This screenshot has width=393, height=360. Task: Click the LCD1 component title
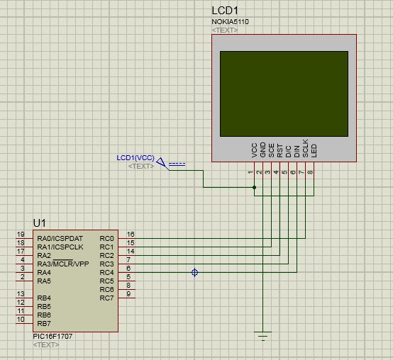[x=225, y=11]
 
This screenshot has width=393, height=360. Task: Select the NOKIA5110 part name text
[x=230, y=22]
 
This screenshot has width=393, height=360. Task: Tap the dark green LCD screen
[x=284, y=94]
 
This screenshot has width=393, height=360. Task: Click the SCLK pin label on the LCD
[x=305, y=148]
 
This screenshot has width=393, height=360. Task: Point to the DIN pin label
[x=297, y=152]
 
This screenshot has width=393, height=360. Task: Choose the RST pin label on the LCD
[x=279, y=151]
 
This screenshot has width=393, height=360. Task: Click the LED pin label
[x=314, y=151]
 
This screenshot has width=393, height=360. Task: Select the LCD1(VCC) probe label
[x=135, y=158]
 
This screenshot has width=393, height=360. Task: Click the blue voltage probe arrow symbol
[x=162, y=164]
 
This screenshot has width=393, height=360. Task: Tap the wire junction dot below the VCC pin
[x=255, y=187]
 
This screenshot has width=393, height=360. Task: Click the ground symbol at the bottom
[x=263, y=336]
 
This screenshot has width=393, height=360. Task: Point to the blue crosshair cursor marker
[x=195, y=272]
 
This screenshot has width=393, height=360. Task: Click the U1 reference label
[x=39, y=223]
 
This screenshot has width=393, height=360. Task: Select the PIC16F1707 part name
[x=52, y=336]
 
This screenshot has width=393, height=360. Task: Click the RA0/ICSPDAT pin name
[x=60, y=239]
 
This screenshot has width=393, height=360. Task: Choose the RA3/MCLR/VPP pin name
[x=63, y=264]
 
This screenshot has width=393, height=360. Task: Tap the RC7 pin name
[x=107, y=298]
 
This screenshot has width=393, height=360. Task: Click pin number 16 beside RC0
[x=131, y=235]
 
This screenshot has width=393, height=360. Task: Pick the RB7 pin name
[x=44, y=323]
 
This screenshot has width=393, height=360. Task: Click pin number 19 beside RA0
[x=21, y=235]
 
